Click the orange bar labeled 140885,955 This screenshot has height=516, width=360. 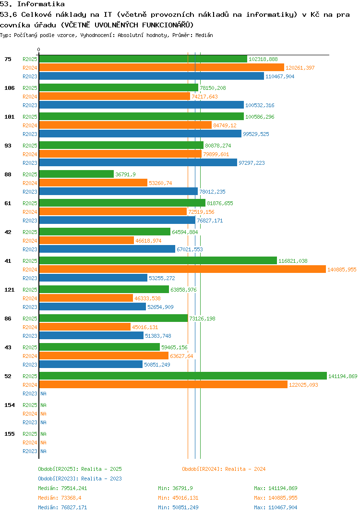pyautogui.click(x=182, y=270)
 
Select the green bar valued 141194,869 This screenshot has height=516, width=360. pyautogui.click(x=183, y=376)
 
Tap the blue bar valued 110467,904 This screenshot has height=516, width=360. pyautogui.click(x=151, y=76)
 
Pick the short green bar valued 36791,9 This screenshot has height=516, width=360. pyautogui.click(x=76, y=174)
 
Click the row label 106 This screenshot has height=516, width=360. pyautogui.click(x=9, y=88)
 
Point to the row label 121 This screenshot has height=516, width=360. pyautogui.click(x=9, y=290)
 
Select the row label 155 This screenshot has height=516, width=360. pyautogui.click(x=9, y=434)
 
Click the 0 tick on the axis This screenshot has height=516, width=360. pyautogui.click(x=39, y=49)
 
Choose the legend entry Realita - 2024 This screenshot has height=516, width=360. pyautogui.click(x=224, y=469)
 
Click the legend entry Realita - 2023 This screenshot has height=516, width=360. pyautogui.click(x=80, y=479)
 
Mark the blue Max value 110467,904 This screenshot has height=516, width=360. pyautogui.click(x=276, y=507)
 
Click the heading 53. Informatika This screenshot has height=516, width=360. pyautogui.click(x=32, y=4)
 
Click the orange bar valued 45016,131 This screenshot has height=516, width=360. pyautogui.click(x=84, y=327)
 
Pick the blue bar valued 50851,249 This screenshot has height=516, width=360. pyautogui.click(x=91, y=365)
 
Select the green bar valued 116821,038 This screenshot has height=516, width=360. pyautogui.click(x=158, y=261)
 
